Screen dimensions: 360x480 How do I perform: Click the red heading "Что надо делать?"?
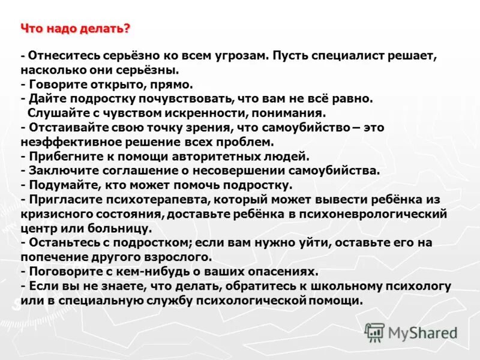pos(76,28)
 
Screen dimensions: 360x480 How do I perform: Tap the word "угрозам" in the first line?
pos(236,55)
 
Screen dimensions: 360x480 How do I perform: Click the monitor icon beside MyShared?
pos(375,332)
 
